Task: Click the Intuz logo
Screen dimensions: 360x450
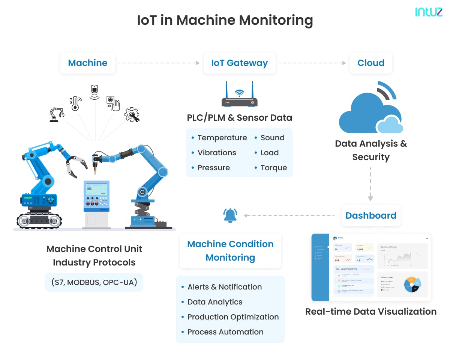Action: pos(429,12)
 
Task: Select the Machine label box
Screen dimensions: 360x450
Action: pos(88,63)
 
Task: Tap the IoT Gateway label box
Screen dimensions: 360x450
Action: pos(239,63)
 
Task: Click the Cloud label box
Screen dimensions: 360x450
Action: pos(370,63)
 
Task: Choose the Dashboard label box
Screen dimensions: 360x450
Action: pos(370,216)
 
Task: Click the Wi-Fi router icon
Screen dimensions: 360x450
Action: pos(239,96)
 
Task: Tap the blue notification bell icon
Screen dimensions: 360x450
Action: pos(230,216)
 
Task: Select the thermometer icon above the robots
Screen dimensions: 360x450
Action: pos(75,103)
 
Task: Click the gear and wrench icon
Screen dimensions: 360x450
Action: pos(132,115)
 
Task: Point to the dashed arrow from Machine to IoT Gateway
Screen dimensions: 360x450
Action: pos(159,63)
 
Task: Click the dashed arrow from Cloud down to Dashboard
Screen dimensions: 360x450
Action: pos(370,184)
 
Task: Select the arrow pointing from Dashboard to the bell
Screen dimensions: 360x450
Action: pos(289,216)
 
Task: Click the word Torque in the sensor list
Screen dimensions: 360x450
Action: pos(274,168)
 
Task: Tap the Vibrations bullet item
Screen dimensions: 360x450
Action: pos(217,153)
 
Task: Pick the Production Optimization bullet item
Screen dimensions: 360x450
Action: pos(233,317)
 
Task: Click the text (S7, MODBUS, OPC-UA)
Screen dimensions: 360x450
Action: pos(94,282)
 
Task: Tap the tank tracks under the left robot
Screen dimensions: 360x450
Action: pos(39,220)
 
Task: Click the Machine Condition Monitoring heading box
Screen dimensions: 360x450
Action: pos(230,251)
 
